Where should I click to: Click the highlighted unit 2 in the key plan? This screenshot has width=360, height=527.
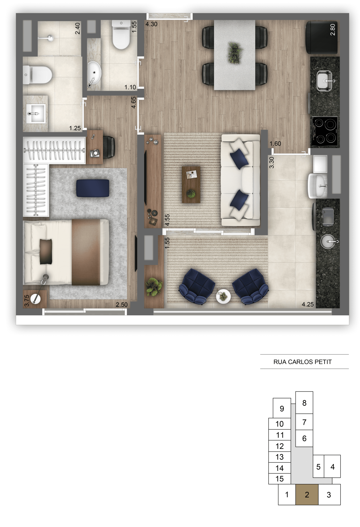click(x=307, y=494)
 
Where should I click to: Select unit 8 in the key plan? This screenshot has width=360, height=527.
click(x=304, y=403)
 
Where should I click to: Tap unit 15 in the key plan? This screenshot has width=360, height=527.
click(x=280, y=479)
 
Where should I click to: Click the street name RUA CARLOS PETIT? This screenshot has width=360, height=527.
click(x=303, y=362)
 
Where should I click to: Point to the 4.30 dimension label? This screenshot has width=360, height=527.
click(x=151, y=24)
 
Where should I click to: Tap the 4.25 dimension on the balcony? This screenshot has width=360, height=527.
click(x=308, y=304)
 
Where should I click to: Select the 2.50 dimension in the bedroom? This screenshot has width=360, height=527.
click(x=122, y=305)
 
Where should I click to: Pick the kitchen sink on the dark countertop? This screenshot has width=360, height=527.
click(x=325, y=81)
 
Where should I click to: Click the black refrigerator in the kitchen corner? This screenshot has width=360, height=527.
click(x=321, y=37)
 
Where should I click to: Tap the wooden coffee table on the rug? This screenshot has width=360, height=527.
click(x=191, y=184)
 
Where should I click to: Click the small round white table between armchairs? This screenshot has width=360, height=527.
click(x=223, y=296)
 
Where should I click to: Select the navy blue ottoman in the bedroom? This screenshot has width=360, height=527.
click(x=93, y=188)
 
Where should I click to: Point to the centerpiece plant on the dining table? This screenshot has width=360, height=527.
click(x=235, y=53)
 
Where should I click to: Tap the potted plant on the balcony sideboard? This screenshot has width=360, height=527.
click(x=154, y=287)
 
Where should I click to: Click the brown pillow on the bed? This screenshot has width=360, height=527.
click(x=46, y=251)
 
